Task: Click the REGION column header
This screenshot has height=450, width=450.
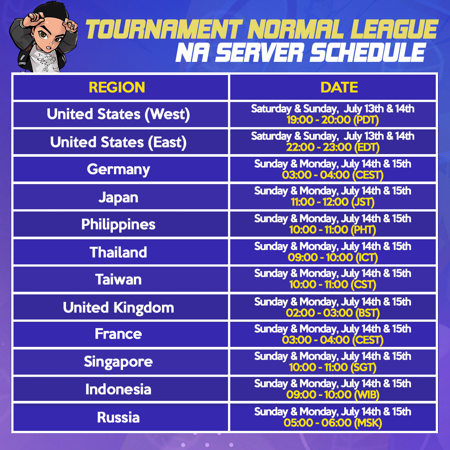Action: [117, 87]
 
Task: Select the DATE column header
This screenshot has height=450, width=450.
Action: [339, 87]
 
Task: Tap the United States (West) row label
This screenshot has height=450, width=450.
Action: [118, 114]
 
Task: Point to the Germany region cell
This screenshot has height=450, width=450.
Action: [118, 169]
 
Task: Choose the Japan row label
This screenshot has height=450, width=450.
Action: [118, 198]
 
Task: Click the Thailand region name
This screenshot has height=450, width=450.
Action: [118, 252]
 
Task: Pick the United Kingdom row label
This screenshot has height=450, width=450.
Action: [118, 308]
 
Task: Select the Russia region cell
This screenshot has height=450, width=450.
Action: [118, 417]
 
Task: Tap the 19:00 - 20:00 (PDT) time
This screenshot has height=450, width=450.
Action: [333, 120]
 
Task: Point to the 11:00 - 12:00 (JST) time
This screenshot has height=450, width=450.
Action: [333, 202]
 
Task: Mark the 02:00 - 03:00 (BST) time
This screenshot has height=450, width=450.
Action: [333, 313]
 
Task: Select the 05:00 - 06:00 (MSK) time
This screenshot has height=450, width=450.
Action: [333, 423]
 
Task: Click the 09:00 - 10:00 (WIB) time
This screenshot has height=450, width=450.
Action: [333, 395]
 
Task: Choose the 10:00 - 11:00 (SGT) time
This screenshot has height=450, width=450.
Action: [333, 367]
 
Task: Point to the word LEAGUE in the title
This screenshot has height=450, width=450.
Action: [394, 29]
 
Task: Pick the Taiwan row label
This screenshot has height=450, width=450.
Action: [118, 279]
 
